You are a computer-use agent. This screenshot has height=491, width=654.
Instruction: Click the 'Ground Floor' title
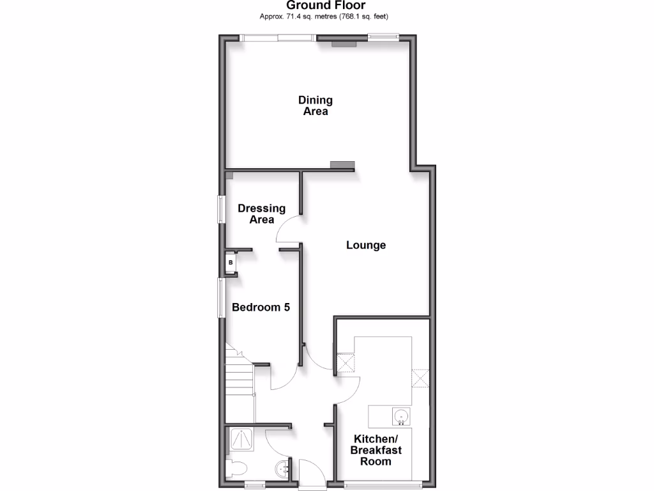pyautogui.click(x=326, y=6)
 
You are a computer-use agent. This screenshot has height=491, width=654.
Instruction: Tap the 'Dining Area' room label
pyautogui.click(x=316, y=105)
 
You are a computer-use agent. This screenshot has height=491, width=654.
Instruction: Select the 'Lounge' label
pyautogui.click(x=366, y=245)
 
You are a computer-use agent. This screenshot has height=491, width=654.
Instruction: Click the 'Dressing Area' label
pyautogui.click(x=261, y=214)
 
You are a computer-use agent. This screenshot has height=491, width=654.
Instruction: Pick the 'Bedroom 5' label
pyautogui.click(x=261, y=308)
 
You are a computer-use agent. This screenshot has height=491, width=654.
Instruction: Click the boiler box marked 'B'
pyautogui.click(x=231, y=263)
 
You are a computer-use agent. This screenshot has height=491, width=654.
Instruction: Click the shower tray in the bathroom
pyautogui.click(x=243, y=440)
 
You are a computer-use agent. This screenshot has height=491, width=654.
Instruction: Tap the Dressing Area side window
pyautogui.click(x=221, y=209)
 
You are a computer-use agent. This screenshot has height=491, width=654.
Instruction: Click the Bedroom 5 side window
pyautogui.click(x=221, y=297)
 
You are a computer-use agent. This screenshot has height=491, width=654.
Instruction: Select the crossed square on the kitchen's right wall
pyautogui.click(x=420, y=378)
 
